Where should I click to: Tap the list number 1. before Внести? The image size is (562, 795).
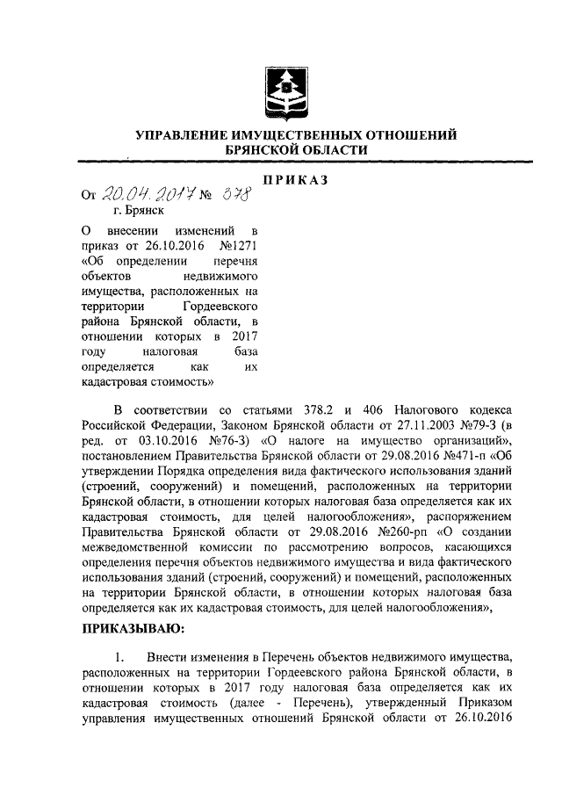[122, 657]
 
